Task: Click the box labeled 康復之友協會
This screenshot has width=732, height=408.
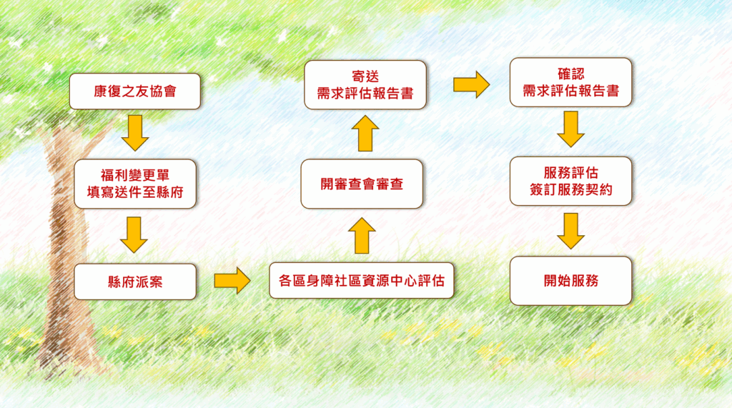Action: (134, 91)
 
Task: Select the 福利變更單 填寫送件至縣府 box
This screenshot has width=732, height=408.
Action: (134, 184)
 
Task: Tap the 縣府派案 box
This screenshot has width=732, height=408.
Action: (134, 281)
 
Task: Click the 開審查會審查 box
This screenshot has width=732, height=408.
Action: (362, 184)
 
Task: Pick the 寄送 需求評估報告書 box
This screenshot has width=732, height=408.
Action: (365, 85)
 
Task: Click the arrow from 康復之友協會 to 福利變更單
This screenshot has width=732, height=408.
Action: (134, 133)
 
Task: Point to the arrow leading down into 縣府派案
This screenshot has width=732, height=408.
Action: (134, 234)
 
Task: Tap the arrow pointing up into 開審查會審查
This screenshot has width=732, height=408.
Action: (363, 235)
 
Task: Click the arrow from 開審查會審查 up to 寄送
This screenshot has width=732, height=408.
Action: (365, 134)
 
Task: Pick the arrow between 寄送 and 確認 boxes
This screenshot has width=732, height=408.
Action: (471, 85)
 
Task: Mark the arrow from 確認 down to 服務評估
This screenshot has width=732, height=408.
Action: (570, 130)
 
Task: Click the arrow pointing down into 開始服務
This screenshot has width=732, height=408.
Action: (570, 231)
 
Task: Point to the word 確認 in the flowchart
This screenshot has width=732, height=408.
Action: (570, 74)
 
